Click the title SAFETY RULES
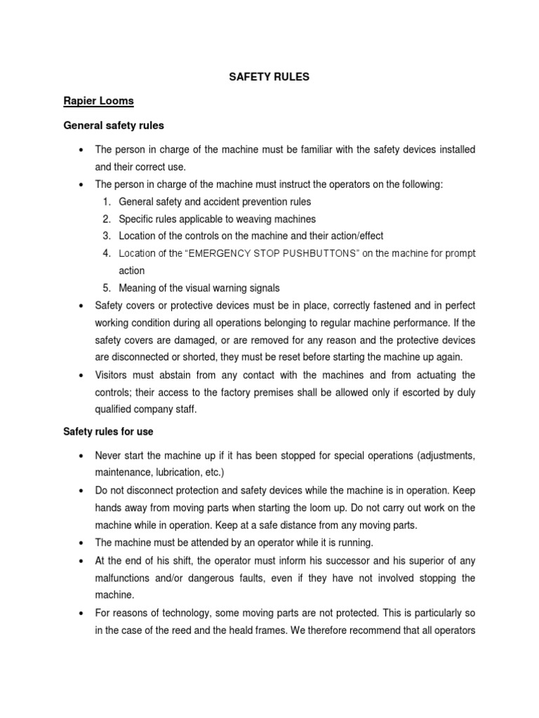tap(269, 77)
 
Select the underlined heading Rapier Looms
tap(98, 101)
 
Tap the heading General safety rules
tap(114, 126)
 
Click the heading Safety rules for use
tap(108, 431)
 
